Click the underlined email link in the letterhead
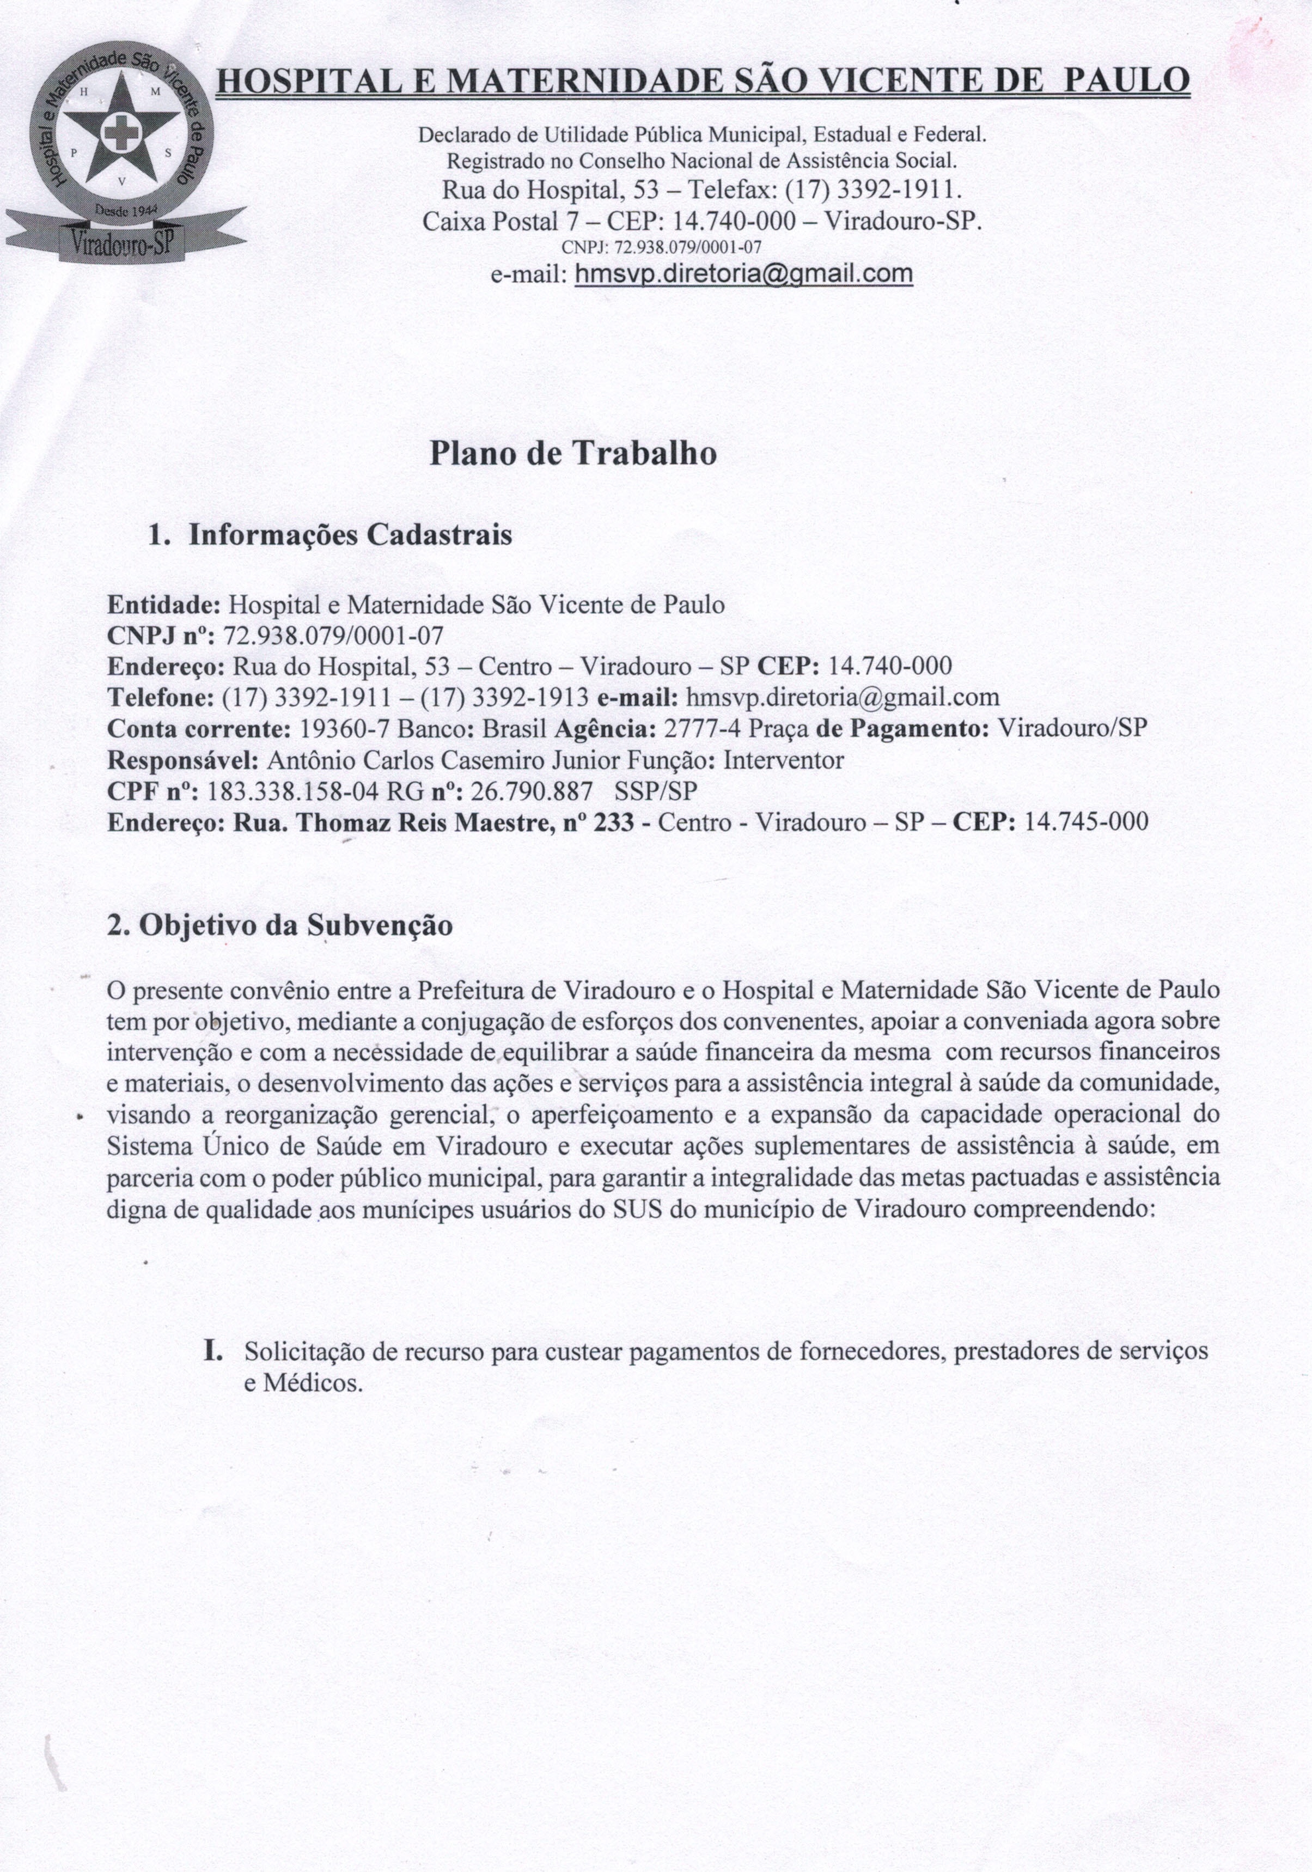[743, 274]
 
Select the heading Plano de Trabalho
[573, 453]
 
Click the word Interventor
[784, 760]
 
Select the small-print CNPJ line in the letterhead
[661, 247]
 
